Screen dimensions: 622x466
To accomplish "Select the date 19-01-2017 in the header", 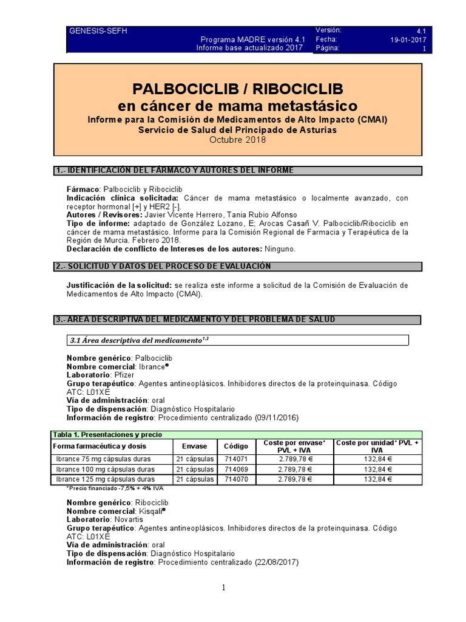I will tap(408, 39).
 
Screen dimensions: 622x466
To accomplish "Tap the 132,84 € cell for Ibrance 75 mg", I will tap(377, 459).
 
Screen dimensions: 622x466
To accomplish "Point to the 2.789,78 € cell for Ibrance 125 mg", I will tap(293, 479).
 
